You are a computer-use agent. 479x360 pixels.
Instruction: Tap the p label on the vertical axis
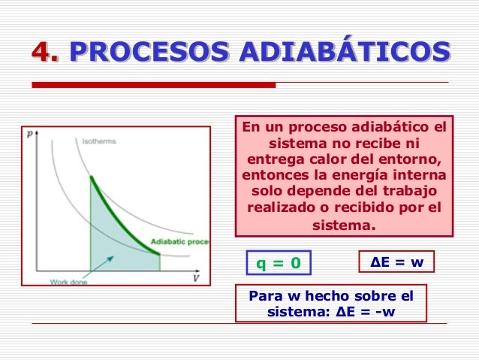[x=29, y=135]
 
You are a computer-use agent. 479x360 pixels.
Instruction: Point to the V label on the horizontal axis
[x=197, y=278]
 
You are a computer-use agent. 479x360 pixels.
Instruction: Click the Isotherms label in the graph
[x=98, y=141]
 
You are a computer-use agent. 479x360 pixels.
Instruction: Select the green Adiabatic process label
[x=180, y=242]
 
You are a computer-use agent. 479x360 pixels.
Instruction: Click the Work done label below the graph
[x=69, y=282]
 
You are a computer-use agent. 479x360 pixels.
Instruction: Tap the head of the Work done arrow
[x=112, y=257]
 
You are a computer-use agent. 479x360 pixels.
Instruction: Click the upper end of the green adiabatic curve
[x=91, y=177]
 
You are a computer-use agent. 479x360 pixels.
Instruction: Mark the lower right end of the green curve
[x=158, y=255]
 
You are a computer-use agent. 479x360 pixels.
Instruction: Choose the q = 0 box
[x=279, y=263]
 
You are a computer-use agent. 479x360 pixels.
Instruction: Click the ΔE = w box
[x=397, y=262]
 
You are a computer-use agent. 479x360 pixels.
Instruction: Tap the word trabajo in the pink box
[x=408, y=192]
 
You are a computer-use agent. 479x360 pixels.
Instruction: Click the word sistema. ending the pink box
[x=343, y=225]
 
